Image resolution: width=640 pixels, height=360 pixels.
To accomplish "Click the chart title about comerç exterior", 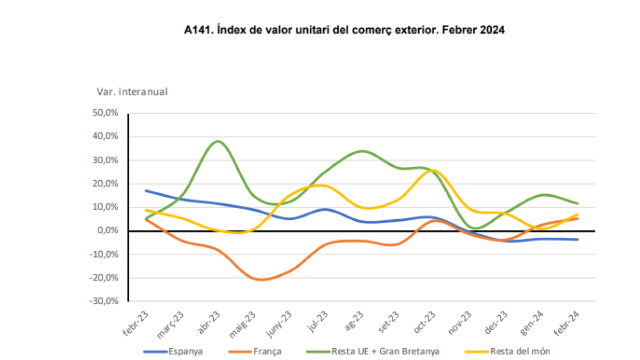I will click(344, 31).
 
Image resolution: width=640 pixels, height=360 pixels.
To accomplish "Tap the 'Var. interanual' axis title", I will click(132, 92).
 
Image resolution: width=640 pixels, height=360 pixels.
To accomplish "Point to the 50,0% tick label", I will click(106, 113).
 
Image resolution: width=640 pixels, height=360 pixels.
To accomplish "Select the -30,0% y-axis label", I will click(105, 301).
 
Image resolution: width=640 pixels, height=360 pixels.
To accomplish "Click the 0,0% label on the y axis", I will click(108, 230).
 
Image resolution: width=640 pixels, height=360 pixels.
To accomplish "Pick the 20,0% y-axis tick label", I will click(106, 183).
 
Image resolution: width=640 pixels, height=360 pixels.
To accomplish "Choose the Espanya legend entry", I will click(173, 351).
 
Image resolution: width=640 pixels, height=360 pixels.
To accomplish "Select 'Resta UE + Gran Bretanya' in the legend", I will click(373, 351).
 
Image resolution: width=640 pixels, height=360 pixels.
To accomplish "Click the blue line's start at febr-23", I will click(146, 190).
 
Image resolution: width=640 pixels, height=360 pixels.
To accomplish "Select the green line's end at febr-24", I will click(578, 203).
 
